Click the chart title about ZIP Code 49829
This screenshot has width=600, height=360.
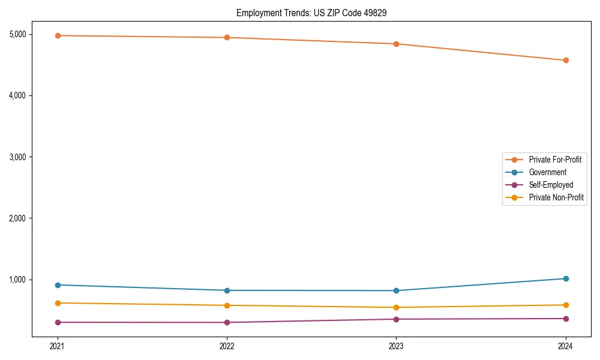[x=315, y=13]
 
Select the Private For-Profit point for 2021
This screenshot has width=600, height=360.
[x=58, y=35]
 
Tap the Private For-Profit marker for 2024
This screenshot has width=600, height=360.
[x=566, y=60]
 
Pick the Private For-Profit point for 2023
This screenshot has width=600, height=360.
[x=396, y=44]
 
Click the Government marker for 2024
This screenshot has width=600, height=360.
[x=566, y=278]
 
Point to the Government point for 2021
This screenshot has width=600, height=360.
[x=58, y=285]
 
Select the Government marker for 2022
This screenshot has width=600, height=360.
[x=227, y=290]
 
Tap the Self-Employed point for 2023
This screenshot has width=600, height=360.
[x=396, y=319]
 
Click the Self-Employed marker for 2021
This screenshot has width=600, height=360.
[x=58, y=322]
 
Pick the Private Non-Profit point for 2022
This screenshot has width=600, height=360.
[x=227, y=305]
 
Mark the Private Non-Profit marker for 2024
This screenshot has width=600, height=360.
[x=566, y=305]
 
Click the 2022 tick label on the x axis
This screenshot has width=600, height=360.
[x=227, y=346]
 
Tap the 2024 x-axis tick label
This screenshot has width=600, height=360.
[x=566, y=346]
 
